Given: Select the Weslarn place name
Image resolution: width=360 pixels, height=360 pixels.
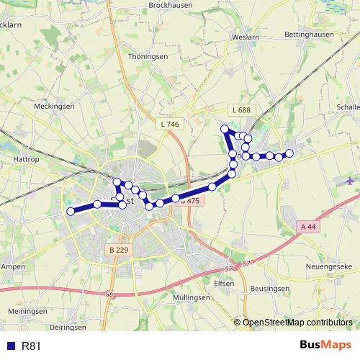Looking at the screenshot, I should click(246, 37).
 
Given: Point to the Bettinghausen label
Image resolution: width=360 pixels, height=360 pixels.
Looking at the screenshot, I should click(312, 34).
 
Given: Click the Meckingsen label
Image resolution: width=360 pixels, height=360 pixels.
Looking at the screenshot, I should click(55, 106).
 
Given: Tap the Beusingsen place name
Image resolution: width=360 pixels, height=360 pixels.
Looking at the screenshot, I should click(271, 288).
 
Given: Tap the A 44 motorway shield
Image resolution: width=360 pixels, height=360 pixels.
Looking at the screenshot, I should click(308, 227).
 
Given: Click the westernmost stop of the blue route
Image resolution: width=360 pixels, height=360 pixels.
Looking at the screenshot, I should click(71, 211).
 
